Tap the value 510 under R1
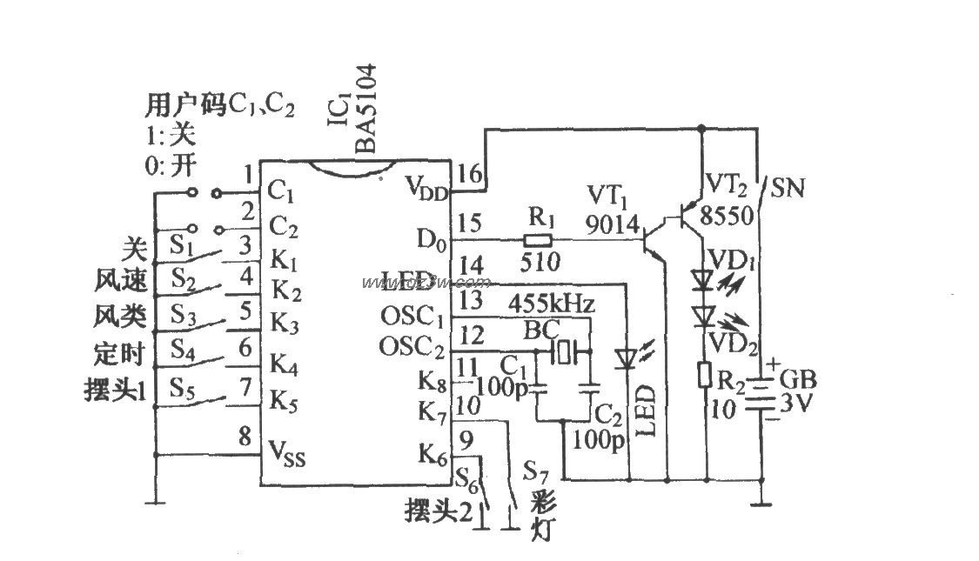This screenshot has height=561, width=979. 540,260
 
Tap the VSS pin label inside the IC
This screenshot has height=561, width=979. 288,453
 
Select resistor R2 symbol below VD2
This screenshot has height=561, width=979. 705,375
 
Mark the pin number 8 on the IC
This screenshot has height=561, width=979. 245,434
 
